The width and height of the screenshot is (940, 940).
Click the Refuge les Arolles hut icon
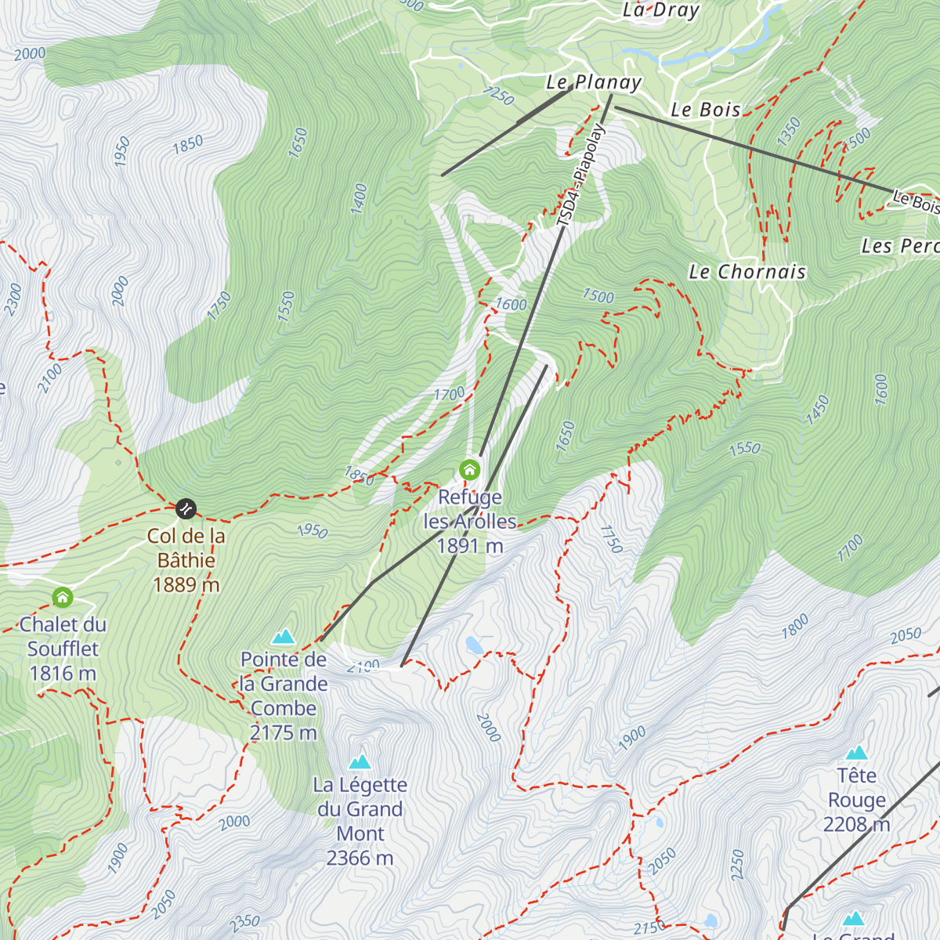(469, 469)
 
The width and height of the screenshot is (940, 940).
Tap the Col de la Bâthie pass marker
(186, 509)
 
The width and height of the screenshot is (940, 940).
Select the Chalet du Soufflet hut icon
(63, 598)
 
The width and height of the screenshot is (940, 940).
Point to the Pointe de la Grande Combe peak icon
(284, 636)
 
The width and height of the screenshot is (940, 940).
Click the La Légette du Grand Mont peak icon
(360, 761)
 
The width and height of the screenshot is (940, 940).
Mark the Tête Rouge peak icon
(857, 753)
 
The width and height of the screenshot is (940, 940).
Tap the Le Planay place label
(594, 82)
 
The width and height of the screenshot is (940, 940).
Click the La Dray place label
(660, 10)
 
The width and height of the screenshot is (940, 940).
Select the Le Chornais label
(747, 272)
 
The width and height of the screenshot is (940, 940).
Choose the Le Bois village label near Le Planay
(706, 110)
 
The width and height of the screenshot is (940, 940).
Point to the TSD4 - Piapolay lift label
(580, 175)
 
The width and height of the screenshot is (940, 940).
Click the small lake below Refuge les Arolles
(474, 645)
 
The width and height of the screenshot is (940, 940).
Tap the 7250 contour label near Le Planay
(498, 96)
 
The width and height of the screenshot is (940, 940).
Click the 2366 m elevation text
(360, 859)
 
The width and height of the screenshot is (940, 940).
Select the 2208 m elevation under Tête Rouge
(856, 824)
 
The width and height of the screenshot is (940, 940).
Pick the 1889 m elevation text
(186, 585)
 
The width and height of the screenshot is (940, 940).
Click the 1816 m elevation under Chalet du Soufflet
(63, 674)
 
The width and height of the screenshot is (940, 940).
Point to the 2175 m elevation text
(283, 733)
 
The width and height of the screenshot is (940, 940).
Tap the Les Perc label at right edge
(899, 246)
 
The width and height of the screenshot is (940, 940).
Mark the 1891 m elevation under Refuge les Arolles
(469, 546)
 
